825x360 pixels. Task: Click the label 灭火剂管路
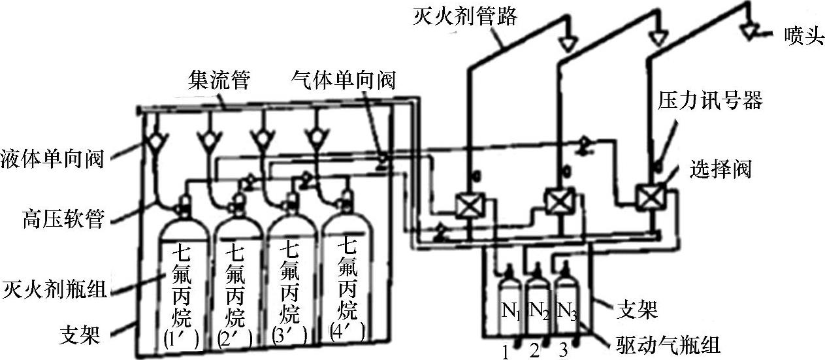pyautogui.click(x=465, y=16)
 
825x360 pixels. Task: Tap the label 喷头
pyautogui.click(x=804, y=36)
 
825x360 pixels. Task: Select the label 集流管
pyautogui.click(x=219, y=79)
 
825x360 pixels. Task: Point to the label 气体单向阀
pyautogui.click(x=343, y=79)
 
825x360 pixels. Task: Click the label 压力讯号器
pyautogui.click(x=710, y=100)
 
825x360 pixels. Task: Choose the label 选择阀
pyautogui.click(x=720, y=169)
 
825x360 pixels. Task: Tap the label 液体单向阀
pyautogui.click(x=52, y=159)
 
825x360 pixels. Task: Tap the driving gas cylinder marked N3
pyautogui.click(x=567, y=299)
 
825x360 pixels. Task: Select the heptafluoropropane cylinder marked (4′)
pyautogui.click(x=348, y=272)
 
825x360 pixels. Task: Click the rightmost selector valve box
pyautogui.click(x=651, y=197)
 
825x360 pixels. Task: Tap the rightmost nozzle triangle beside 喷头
pyautogui.click(x=749, y=31)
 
